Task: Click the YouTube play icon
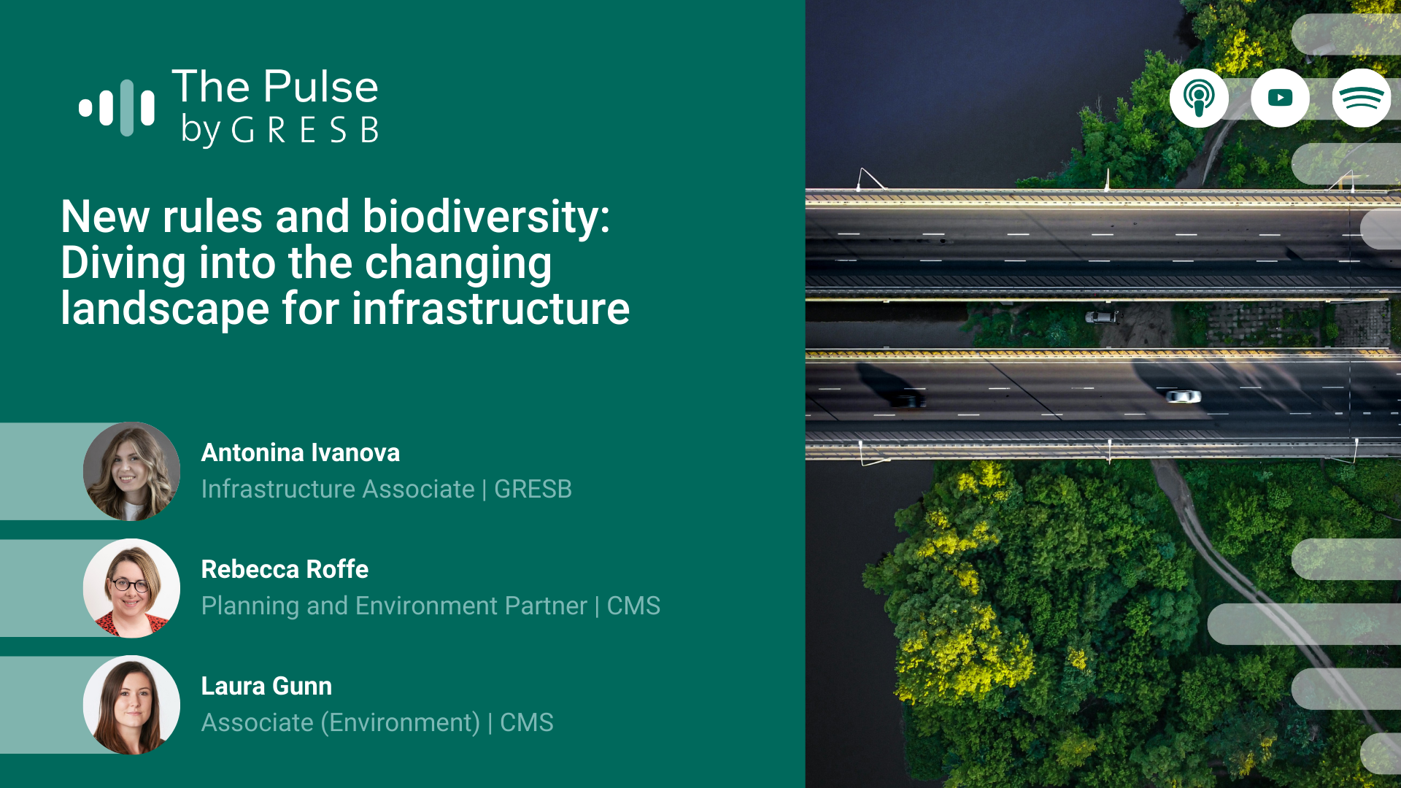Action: coord(1280,98)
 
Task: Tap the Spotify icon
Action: coord(1362,98)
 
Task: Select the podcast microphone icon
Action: coord(1199,98)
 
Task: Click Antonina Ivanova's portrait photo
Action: coord(131,471)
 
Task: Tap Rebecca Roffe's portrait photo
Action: coord(131,588)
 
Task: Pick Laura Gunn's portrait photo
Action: coord(131,705)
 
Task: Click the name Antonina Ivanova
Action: coord(301,453)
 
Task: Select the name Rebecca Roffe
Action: coord(285,570)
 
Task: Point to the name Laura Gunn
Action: coord(266,687)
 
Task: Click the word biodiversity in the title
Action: coord(486,217)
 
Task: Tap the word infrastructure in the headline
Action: coord(491,308)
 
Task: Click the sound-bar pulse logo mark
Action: coord(117,108)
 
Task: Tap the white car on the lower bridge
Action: coord(1183,396)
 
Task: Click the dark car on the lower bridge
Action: coord(908,399)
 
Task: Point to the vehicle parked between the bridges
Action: coord(1101,317)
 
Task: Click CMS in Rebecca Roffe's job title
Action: coord(633,606)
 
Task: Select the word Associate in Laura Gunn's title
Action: coord(258,723)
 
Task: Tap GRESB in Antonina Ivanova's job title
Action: coord(533,490)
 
